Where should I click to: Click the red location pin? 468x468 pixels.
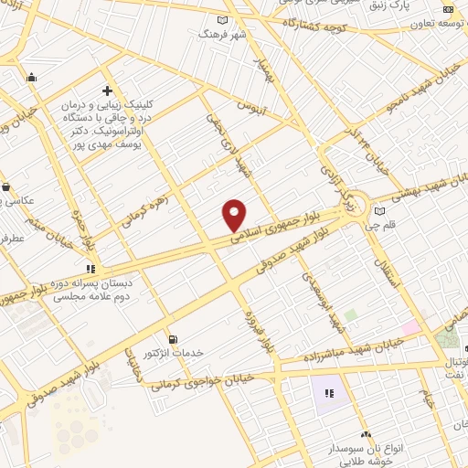[x=235, y=214]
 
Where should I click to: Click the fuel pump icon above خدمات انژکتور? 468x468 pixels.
[x=173, y=339]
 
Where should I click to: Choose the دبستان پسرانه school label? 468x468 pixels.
[x=91, y=290]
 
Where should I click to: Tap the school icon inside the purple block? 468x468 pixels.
[x=328, y=394]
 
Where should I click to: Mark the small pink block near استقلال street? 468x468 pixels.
[x=410, y=326]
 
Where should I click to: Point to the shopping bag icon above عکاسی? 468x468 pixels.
[x=7, y=186]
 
